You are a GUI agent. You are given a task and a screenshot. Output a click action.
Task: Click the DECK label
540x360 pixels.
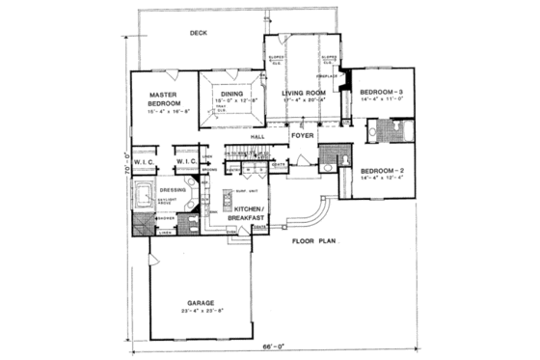point(199,33)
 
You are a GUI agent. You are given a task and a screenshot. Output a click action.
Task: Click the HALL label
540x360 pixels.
point(257,137)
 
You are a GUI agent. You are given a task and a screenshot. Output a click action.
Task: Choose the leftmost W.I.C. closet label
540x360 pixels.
point(145,160)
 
